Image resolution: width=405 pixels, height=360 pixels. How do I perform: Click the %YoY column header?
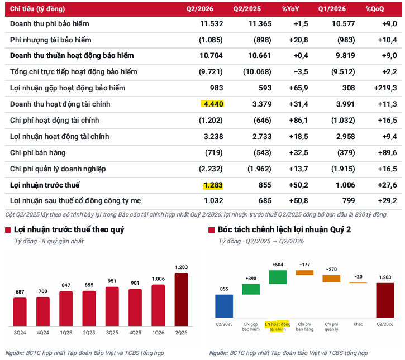(x=290, y=9)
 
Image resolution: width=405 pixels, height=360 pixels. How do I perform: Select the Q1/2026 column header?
(x=332, y=9)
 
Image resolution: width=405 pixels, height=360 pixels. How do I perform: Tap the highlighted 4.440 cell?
(x=212, y=104)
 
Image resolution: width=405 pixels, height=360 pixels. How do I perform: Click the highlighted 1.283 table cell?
(x=213, y=185)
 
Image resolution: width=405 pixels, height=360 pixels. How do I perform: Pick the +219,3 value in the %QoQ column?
(x=385, y=88)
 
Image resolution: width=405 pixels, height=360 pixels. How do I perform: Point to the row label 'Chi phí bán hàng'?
(x=38, y=153)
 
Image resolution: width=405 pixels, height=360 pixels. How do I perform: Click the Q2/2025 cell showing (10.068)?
(x=257, y=72)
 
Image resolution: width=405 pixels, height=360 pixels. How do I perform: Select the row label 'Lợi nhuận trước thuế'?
(x=45, y=185)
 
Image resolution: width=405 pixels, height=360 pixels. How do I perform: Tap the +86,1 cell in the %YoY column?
(x=298, y=120)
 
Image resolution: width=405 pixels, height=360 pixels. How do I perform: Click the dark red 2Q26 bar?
(x=182, y=299)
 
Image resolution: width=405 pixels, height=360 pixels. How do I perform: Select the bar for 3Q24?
(x=20, y=312)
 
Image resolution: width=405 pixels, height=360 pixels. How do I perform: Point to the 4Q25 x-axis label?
(x=135, y=333)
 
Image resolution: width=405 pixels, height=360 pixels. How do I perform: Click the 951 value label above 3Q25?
(x=112, y=281)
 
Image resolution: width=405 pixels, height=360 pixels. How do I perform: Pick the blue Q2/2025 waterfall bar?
(x=224, y=306)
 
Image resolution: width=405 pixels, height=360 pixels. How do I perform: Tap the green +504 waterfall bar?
(x=278, y=277)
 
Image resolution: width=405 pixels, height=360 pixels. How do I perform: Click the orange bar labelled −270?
(x=331, y=279)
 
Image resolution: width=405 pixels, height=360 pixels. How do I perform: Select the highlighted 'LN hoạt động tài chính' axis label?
(x=278, y=327)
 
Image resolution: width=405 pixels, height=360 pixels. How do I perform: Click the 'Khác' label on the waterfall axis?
(x=358, y=324)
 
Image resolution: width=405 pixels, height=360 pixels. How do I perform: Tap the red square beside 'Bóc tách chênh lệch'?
(x=211, y=230)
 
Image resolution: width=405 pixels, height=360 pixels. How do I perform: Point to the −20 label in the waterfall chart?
(x=358, y=277)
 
